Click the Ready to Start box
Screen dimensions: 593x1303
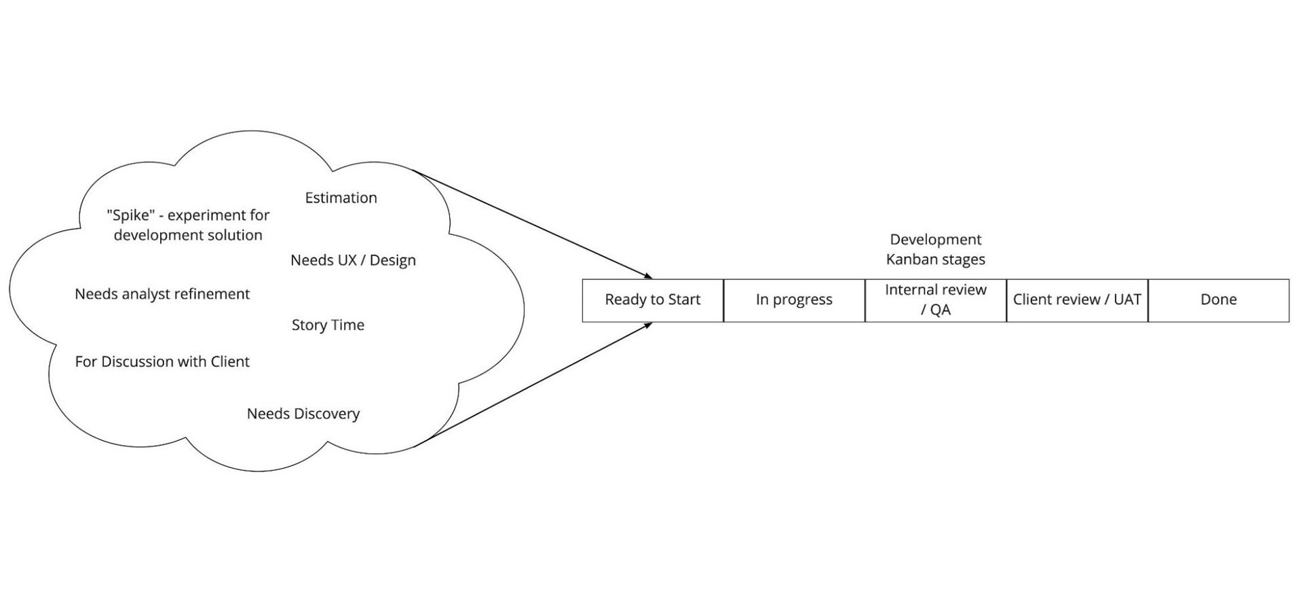click(x=652, y=300)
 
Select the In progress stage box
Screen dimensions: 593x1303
click(x=794, y=300)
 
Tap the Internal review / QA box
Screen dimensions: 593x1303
click(x=935, y=300)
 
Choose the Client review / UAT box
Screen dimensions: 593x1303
click(x=1077, y=300)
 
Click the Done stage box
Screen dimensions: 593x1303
click(x=1218, y=300)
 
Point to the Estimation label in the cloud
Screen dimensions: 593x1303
click(x=341, y=198)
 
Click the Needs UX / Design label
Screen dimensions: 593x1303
click(x=353, y=260)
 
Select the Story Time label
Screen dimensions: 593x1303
click(x=328, y=325)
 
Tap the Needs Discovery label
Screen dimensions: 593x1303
click(x=303, y=414)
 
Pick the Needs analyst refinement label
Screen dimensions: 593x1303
click(x=162, y=294)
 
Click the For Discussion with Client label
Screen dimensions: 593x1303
click(x=162, y=361)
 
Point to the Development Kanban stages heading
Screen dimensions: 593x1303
click(x=935, y=249)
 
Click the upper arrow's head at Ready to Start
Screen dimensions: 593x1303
click(x=649, y=277)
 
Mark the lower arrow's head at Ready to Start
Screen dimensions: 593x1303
click(x=649, y=324)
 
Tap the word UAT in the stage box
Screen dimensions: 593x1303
click(x=1127, y=300)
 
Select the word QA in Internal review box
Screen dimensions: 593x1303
click(x=941, y=310)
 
